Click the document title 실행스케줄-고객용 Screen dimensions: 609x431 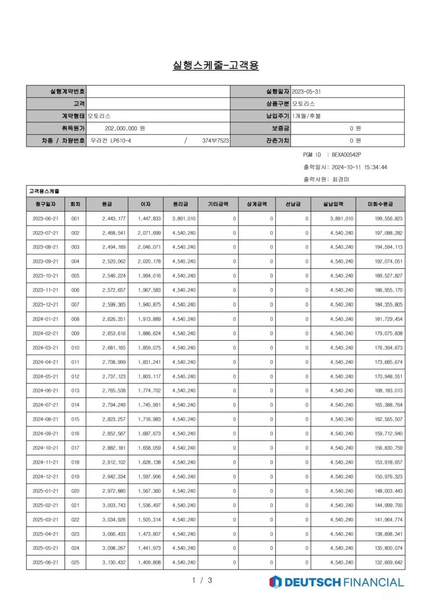pyautogui.click(x=215, y=66)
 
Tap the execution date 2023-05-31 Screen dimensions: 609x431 pyautogui.click(x=306, y=92)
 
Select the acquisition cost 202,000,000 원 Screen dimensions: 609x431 pyautogui.click(x=125, y=129)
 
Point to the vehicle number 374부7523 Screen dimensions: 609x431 pyautogui.click(x=215, y=141)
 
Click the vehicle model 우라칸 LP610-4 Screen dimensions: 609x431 pyautogui.click(x=111, y=141)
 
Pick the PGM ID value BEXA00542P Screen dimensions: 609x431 pyautogui.click(x=346, y=155)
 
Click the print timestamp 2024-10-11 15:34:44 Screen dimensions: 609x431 pyautogui.click(x=359, y=167)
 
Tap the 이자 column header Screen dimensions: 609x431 pyautogui.click(x=145, y=204)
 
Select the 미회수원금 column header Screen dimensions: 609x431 pyautogui.click(x=380, y=204)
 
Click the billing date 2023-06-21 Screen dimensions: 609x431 pyautogui.click(x=45, y=219)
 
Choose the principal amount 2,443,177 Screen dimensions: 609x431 pyautogui.click(x=114, y=219)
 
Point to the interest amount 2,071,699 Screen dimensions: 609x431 pyautogui.click(x=149, y=233)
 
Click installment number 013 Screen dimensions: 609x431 pyautogui.click(x=75, y=391)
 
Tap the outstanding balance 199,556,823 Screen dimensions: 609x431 pyautogui.click(x=389, y=219)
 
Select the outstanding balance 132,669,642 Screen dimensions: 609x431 pyautogui.click(x=389, y=563)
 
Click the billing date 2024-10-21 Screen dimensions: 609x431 pyautogui.click(x=45, y=448)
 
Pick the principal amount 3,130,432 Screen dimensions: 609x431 pyautogui.click(x=114, y=563)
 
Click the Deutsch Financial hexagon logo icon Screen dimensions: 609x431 pyautogui.click(x=275, y=582)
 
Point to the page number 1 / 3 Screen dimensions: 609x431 pyautogui.click(x=202, y=581)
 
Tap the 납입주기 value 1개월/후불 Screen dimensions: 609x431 pyautogui.click(x=307, y=116)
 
